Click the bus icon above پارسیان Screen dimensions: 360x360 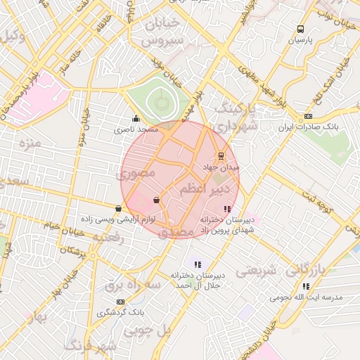(301, 30)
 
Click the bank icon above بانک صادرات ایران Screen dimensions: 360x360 (308, 117)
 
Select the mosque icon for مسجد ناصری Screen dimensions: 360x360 (135, 118)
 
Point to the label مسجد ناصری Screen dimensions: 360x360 (138, 131)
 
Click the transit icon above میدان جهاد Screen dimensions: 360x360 (221, 155)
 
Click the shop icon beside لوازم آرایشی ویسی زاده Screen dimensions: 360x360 (117, 208)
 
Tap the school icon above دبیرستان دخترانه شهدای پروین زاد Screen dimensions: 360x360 (226, 209)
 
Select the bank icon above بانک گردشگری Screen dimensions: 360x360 (120, 301)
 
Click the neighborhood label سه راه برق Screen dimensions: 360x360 (134, 284)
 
